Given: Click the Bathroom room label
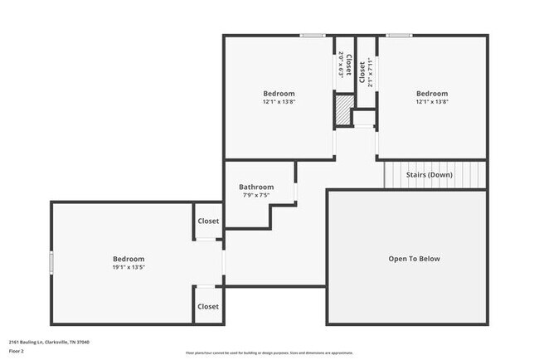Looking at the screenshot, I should point(256,187).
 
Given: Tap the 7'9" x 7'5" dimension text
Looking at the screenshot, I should point(256,197).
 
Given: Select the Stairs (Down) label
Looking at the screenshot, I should point(429,175).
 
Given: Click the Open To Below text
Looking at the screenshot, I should point(414,259).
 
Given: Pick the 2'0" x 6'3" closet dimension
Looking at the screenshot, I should point(341,65).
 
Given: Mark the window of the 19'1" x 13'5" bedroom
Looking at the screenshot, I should point(51,263).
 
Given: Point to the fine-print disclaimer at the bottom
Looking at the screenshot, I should point(269,353).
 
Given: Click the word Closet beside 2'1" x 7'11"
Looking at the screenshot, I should point(362,74).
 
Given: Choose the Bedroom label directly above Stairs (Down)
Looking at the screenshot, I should point(431,94).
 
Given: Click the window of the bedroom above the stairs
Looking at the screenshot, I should point(398,35).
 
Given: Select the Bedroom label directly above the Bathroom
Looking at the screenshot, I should point(279,94).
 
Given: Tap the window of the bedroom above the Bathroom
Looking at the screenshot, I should point(313,35).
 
